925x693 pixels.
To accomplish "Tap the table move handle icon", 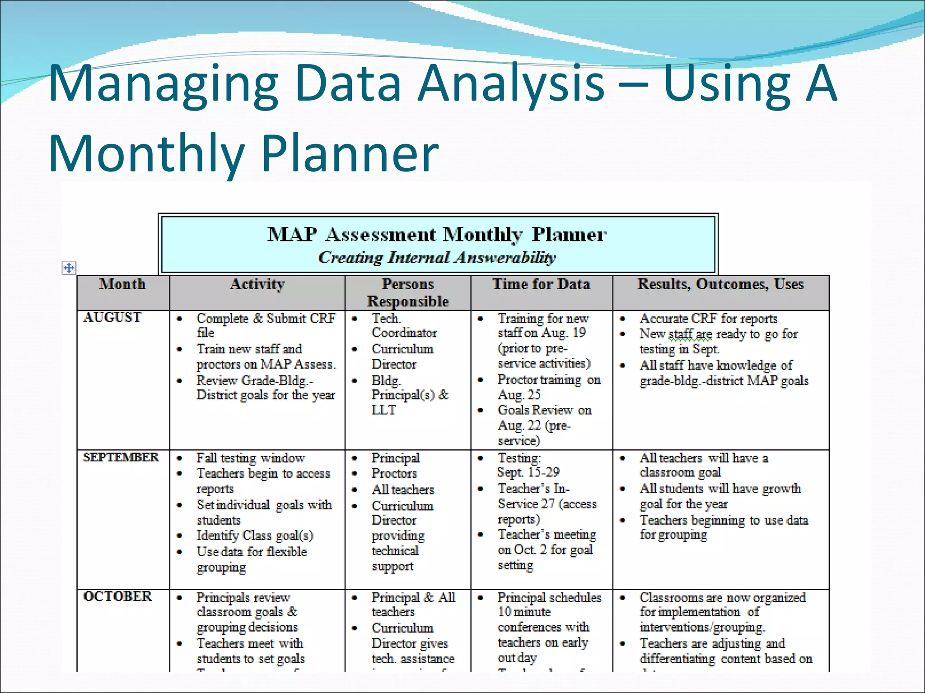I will [69, 268].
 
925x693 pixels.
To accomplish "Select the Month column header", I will [122, 284].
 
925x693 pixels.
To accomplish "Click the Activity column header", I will [257, 284].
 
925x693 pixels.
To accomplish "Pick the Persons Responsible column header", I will [407, 292].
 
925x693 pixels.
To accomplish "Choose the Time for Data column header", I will [541, 284].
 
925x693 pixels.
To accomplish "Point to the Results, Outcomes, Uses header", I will [720, 284].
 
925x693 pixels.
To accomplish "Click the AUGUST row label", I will [112, 318].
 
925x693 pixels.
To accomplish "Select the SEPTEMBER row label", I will [121, 457].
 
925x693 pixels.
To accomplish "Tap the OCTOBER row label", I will [117, 596].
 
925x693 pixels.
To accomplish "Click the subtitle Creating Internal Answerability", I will [437, 258].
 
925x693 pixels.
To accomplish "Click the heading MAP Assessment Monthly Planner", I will [437, 235].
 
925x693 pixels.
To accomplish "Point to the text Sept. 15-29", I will [528, 472].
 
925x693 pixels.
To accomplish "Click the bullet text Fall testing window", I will [251, 458].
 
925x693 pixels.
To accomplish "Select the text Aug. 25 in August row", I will [519, 395].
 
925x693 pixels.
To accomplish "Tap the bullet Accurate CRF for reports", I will [708, 319].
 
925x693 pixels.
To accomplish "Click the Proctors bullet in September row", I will [394, 473].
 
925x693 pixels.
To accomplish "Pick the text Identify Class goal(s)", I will [255, 536].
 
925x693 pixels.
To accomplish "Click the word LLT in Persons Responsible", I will [383, 410].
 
